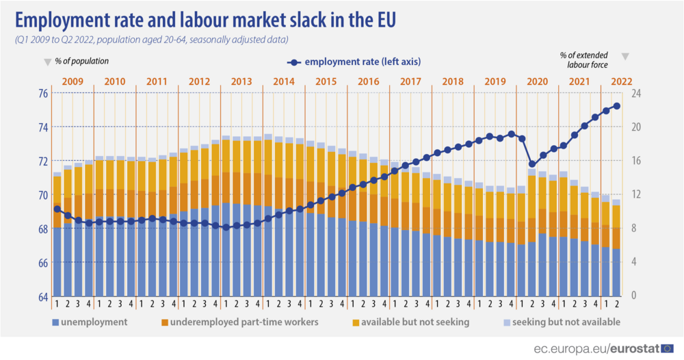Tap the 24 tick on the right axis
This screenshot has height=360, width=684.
click(x=636, y=93)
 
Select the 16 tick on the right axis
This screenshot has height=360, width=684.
click(x=636, y=161)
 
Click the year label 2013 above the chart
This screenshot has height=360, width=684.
click(x=241, y=81)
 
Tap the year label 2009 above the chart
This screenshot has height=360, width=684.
click(x=73, y=81)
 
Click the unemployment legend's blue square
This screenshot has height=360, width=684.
click(x=54, y=322)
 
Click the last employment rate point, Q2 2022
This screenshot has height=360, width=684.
click(x=616, y=105)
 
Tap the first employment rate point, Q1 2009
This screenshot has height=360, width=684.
click(x=57, y=209)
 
